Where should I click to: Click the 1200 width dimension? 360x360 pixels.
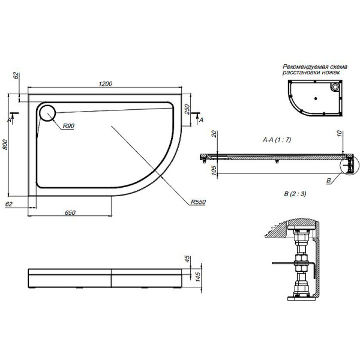[x=105, y=84]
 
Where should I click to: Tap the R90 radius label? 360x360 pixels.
[x=68, y=125]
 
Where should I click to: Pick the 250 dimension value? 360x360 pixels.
[x=187, y=110]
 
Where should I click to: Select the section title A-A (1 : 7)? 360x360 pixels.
[x=277, y=139]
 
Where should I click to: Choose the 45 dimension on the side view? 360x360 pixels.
[x=188, y=260]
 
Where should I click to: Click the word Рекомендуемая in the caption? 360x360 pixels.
[x=301, y=67]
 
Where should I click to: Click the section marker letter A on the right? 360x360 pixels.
[x=201, y=120]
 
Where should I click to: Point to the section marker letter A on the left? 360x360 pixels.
[x=8, y=120]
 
